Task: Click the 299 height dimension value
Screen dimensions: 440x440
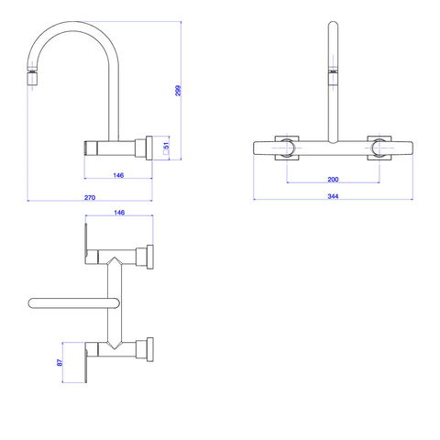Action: [178, 91]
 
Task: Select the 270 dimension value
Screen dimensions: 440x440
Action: [90, 198]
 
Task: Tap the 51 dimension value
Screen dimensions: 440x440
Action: [166, 146]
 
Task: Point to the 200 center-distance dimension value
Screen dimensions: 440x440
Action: [333, 180]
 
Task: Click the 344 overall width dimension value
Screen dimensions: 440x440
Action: [333, 196]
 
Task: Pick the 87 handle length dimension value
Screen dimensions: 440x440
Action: [60, 362]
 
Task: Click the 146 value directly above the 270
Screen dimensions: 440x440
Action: [118, 175]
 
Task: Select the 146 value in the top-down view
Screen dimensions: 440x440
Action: [119, 213]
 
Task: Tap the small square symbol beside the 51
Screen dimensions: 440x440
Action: [166, 152]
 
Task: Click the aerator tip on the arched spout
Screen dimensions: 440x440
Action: [33, 79]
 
